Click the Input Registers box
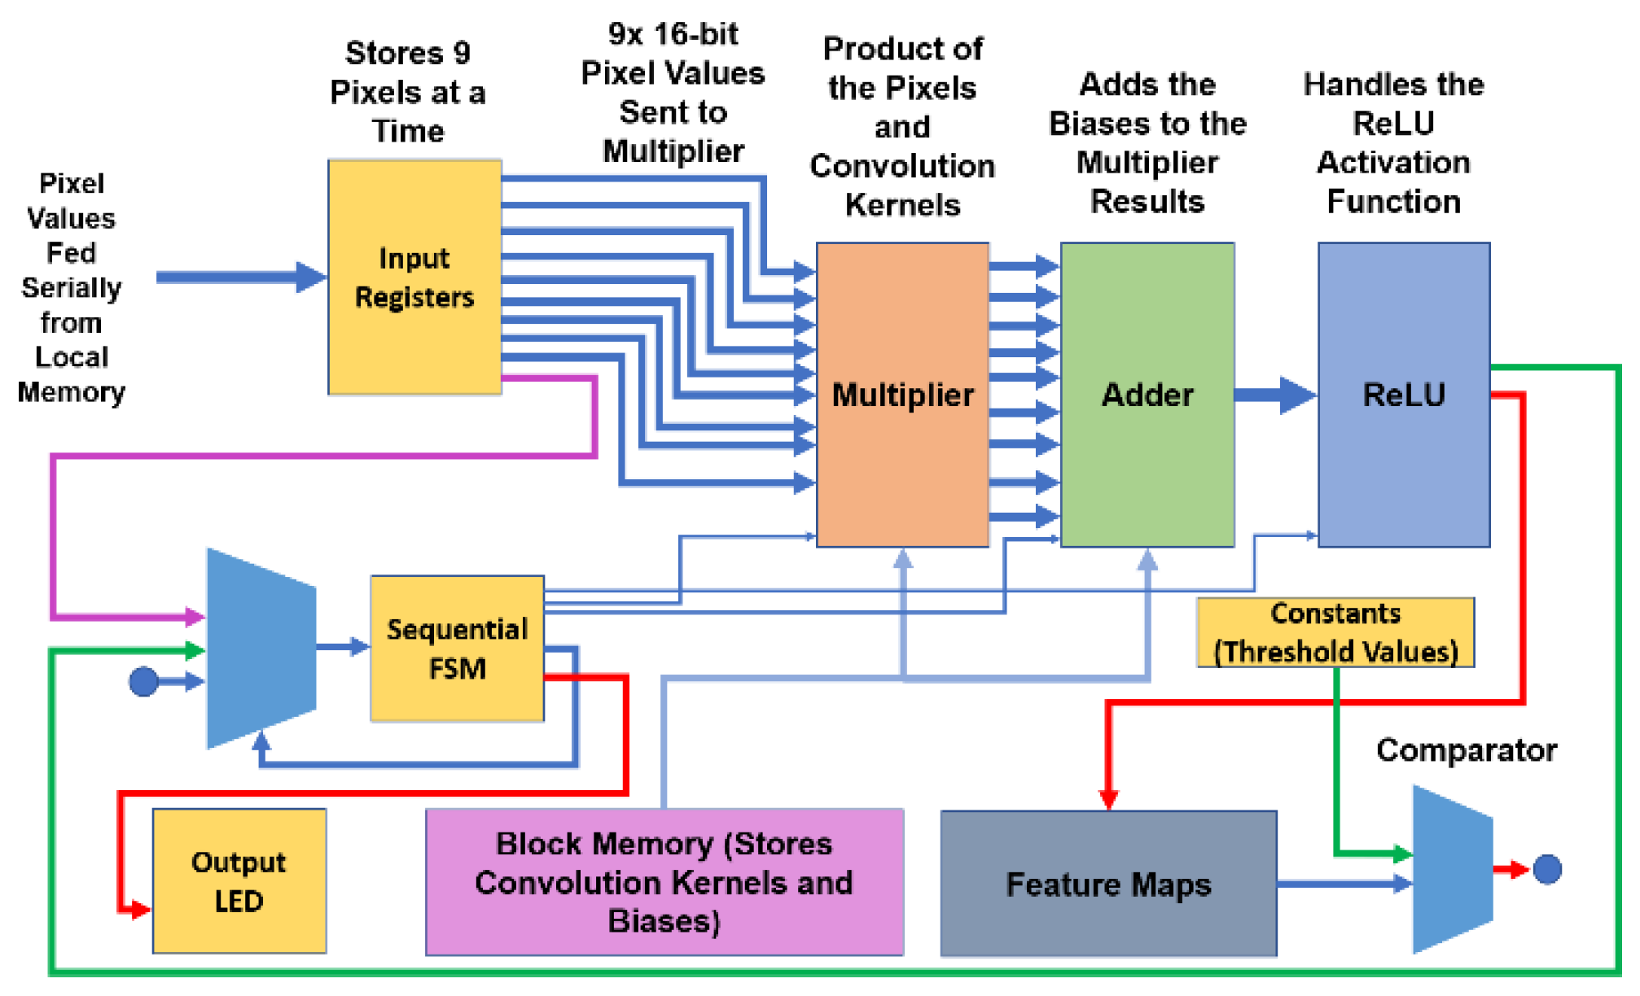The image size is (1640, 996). [x=414, y=277]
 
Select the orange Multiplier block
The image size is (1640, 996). [x=902, y=395]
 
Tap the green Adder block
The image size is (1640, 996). [x=1147, y=395]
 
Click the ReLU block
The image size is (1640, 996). [x=1404, y=395]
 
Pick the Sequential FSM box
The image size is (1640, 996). [x=457, y=649]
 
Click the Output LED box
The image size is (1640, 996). [x=239, y=881]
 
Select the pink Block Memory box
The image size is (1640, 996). [x=664, y=882]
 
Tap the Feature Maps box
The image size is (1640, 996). [x=1108, y=884]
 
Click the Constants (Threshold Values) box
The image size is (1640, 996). [x=1335, y=632]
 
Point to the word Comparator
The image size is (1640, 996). [x=1466, y=749]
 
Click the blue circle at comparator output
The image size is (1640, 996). [x=1547, y=869]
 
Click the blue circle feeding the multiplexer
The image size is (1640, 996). [x=144, y=681]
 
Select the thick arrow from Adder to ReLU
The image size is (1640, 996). [x=1274, y=395]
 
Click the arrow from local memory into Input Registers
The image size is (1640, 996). [x=240, y=277]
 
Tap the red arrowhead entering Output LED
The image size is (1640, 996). [x=140, y=909]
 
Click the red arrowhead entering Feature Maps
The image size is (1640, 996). [x=1108, y=798]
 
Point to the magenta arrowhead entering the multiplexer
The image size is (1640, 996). [x=195, y=617]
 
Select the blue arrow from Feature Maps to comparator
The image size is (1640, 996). [x=1344, y=884]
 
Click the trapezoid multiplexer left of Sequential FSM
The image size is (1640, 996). [x=261, y=649]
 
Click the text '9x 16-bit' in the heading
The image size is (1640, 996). [x=673, y=34]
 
